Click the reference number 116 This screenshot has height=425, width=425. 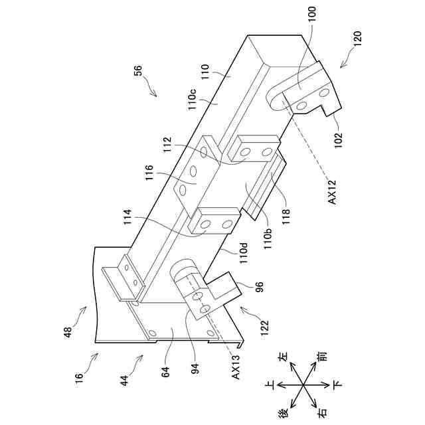149,174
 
